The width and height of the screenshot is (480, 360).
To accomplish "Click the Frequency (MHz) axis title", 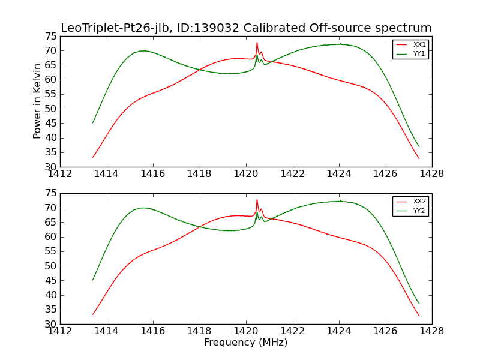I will (245, 343).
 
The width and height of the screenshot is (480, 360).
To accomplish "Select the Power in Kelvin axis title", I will (37, 101).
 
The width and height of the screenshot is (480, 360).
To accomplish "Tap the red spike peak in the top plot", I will (257, 43).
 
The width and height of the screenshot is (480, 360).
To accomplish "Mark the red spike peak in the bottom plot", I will (257, 200).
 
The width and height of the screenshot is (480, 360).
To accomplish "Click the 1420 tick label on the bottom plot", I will (245, 331).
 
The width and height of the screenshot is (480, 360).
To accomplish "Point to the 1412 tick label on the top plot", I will (60, 173).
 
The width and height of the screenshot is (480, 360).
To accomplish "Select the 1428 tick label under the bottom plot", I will (431, 331).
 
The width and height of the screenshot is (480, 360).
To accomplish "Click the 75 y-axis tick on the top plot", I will (50, 36).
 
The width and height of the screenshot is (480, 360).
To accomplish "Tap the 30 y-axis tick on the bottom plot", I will (50, 324).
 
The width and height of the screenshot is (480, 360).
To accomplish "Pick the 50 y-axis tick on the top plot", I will (50, 109).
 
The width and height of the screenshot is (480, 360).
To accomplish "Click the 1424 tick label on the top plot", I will (338, 173).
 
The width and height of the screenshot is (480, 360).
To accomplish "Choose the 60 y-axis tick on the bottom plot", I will (50, 236).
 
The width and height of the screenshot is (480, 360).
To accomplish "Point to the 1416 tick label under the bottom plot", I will (153, 331).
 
